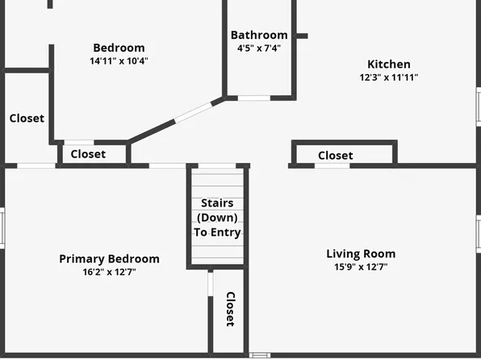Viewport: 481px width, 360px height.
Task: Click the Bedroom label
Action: tap(119, 48)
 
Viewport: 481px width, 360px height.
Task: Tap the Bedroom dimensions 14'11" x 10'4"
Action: tap(119, 61)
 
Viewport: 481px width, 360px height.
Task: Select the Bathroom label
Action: tap(259, 35)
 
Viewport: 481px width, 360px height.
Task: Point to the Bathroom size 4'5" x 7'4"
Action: tap(259, 48)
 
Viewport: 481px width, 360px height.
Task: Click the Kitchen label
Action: tap(389, 65)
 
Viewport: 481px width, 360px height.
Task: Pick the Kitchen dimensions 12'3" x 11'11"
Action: tap(389, 77)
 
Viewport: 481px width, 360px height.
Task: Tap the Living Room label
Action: tap(361, 253)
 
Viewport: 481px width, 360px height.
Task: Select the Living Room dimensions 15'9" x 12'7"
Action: tap(361, 266)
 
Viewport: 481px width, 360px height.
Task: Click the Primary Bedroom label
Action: tap(109, 258)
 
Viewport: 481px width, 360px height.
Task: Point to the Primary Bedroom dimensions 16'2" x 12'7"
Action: tap(109, 271)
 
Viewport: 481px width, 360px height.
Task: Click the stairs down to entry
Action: tap(217, 216)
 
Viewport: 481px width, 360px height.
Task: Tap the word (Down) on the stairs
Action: tap(217, 217)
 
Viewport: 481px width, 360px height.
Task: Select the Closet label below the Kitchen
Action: tap(335, 155)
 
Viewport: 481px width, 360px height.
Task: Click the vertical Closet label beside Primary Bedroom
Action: tap(230, 309)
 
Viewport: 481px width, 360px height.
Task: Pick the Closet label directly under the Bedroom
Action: tap(88, 154)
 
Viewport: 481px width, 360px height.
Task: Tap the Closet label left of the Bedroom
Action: tap(27, 118)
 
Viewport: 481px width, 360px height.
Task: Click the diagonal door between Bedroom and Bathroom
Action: tap(194, 113)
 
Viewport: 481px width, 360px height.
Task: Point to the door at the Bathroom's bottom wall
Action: tap(253, 98)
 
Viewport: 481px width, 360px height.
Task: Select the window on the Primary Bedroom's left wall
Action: tap(2, 228)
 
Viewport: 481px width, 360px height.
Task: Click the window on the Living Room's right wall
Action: tap(479, 232)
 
